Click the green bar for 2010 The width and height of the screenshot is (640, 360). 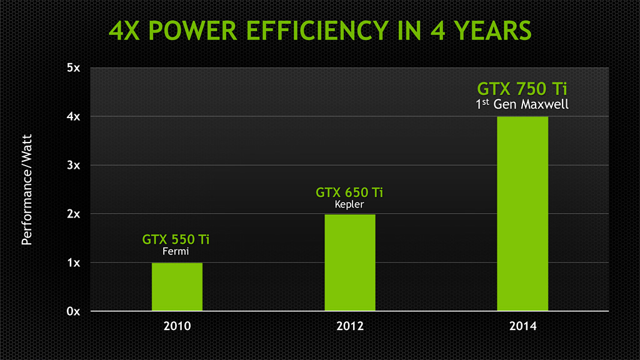pyautogui.click(x=177, y=287)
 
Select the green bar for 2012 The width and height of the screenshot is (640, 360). pyautogui.click(x=350, y=262)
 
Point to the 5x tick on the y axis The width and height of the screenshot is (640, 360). pyautogui.click(x=73, y=67)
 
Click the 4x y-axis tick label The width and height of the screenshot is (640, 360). pyautogui.click(x=73, y=116)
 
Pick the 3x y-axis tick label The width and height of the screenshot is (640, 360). pyautogui.click(x=73, y=165)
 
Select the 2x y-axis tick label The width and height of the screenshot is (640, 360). pyautogui.click(x=73, y=214)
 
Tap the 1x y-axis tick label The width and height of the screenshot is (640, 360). pyautogui.click(x=73, y=262)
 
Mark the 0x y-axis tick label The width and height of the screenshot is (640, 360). pyautogui.click(x=73, y=311)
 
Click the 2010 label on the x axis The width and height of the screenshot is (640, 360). pyautogui.click(x=177, y=326)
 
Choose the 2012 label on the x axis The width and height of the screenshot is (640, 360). pyautogui.click(x=350, y=326)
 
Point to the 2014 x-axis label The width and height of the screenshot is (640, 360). pyautogui.click(x=522, y=326)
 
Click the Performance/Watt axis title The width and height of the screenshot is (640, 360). pyautogui.click(x=26, y=188)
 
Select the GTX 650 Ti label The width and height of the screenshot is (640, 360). pyautogui.click(x=349, y=191)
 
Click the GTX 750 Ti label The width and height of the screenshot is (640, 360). pyautogui.click(x=522, y=87)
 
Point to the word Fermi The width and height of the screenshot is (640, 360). pyautogui.click(x=176, y=252)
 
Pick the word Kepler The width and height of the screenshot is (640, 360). pyautogui.click(x=349, y=204)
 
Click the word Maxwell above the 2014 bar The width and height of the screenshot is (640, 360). pyautogui.click(x=546, y=104)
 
